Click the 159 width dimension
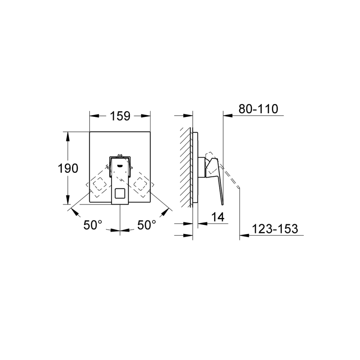120,116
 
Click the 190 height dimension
68,168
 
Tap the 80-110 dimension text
258,109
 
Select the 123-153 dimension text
275,229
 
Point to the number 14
218,217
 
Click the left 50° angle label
93,225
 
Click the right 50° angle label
147,225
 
